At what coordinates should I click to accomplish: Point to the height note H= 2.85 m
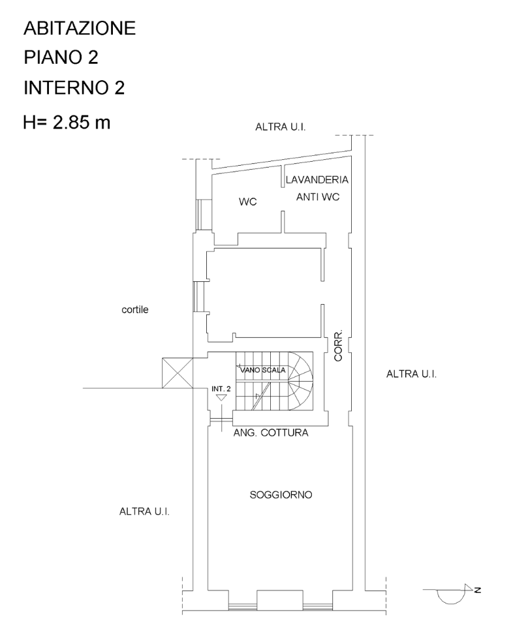67,122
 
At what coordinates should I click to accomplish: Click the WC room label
247,202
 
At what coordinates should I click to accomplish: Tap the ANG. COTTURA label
270,432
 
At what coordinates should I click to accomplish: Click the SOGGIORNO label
281,495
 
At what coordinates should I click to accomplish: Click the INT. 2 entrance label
221,388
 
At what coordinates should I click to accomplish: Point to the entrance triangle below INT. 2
221,397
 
